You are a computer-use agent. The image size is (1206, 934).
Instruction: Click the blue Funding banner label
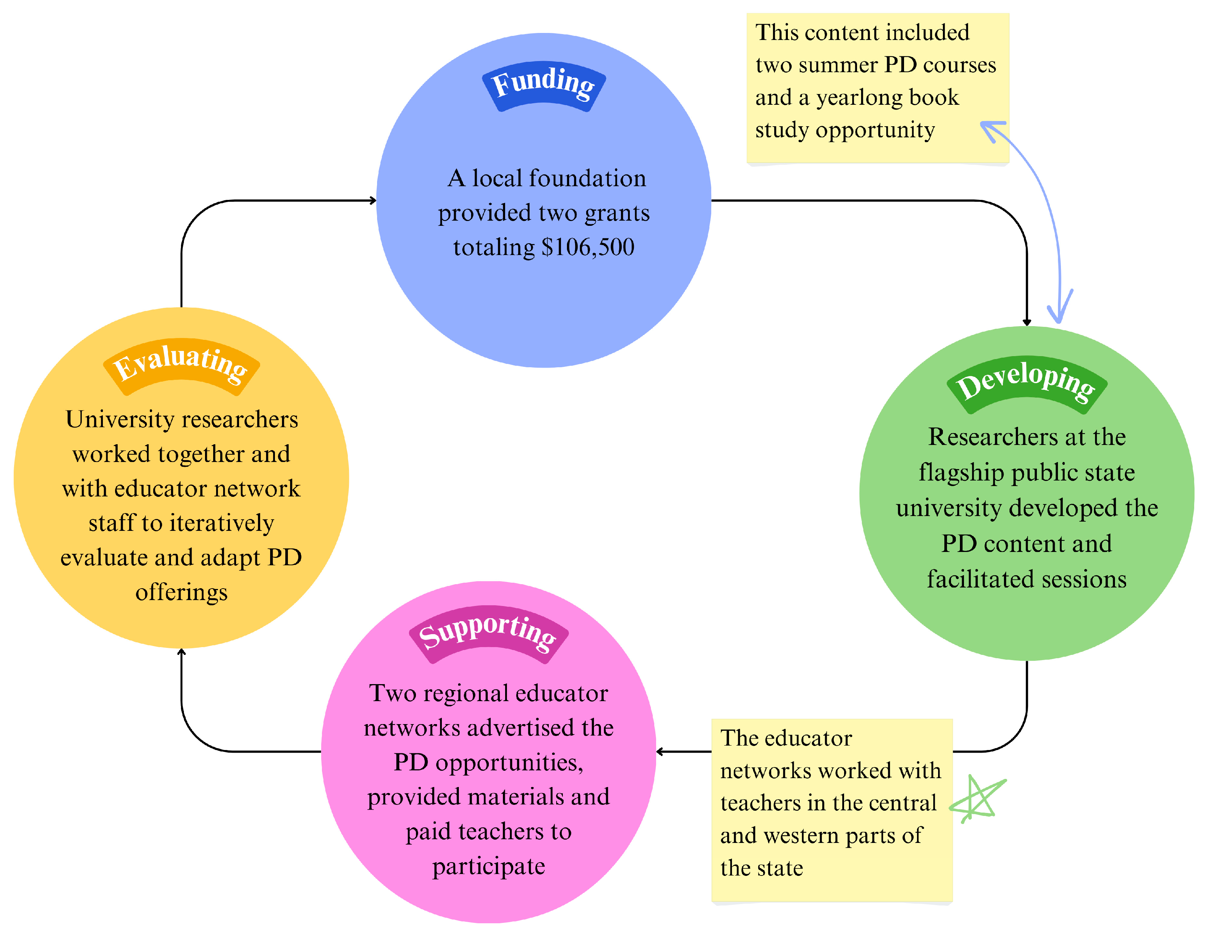pos(544,86)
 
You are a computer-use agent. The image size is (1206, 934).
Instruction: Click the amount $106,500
pos(588,247)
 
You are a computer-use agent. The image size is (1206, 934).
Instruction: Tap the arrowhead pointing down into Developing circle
pos(1027,322)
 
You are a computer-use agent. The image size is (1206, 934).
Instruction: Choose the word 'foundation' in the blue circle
pos(587,178)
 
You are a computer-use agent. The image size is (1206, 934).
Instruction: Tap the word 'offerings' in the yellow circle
pos(181,592)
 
